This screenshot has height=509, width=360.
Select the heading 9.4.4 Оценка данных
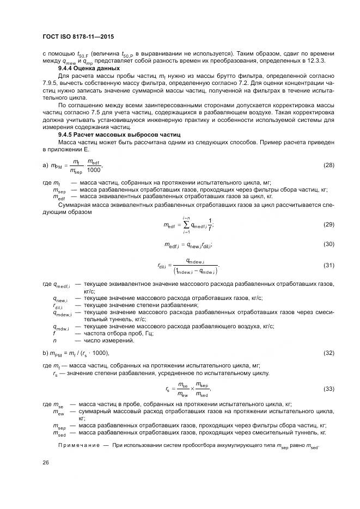tap(89, 69)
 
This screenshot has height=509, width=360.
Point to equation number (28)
tap(328, 164)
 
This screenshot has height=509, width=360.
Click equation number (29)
tap(328, 224)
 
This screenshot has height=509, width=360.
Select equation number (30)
tap(328, 244)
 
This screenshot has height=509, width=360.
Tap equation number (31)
tap(328, 265)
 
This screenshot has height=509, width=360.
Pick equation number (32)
tap(328, 353)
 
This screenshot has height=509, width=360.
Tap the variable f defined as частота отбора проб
tap(54, 333)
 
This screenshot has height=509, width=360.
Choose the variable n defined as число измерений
tap(54, 340)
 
